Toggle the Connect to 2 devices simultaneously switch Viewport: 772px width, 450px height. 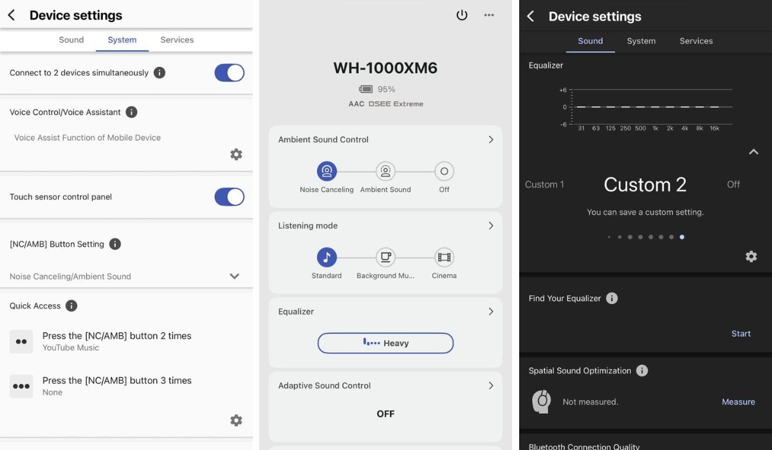(229, 73)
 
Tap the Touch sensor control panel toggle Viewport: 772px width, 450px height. (229, 197)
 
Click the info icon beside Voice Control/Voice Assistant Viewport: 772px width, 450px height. (131, 112)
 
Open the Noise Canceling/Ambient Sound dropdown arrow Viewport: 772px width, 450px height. (234, 276)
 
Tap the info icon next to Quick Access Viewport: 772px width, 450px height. (71, 306)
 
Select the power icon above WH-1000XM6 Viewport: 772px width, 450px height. (462, 15)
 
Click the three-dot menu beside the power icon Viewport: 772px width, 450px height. (489, 15)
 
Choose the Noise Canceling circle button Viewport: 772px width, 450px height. (327, 171)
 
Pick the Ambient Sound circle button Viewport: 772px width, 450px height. (385, 171)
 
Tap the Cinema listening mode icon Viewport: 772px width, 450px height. (445, 257)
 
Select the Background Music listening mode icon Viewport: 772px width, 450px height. (385, 257)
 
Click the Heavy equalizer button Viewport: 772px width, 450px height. (385, 343)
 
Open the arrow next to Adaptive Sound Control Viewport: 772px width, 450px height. (491, 386)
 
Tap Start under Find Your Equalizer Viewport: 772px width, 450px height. (741, 334)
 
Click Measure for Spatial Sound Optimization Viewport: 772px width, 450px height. (739, 402)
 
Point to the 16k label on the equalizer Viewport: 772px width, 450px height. (715, 129)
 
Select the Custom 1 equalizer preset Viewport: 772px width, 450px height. (544, 184)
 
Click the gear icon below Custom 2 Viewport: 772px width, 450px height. (751, 256)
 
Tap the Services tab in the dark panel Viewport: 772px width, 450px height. (696, 41)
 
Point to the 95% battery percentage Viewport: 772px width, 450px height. (387, 89)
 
